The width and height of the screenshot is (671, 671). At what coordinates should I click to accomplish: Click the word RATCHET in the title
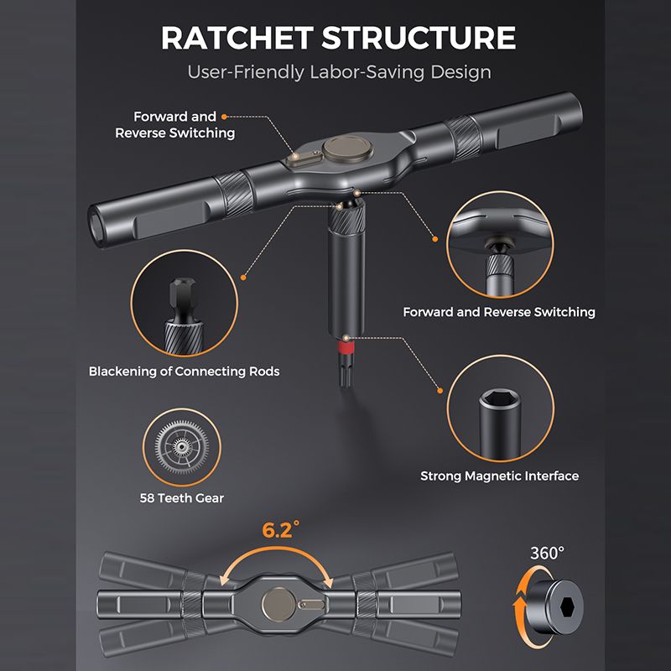(237, 38)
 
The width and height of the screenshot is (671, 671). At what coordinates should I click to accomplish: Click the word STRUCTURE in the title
(419, 38)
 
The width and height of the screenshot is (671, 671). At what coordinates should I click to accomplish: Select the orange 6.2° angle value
(281, 530)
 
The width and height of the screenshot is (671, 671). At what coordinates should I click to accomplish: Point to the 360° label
(547, 554)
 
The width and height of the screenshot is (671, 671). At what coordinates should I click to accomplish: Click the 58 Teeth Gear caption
(182, 498)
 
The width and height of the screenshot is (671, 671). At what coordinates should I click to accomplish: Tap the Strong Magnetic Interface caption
(499, 476)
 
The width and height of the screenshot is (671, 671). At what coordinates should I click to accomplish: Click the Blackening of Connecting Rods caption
(184, 371)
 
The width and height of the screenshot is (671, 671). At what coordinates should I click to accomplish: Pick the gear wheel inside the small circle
(182, 447)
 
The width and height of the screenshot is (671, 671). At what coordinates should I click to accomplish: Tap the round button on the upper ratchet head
(347, 147)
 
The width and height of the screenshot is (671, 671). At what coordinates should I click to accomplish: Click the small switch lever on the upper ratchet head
(304, 158)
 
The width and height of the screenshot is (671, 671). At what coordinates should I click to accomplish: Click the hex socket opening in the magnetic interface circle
(500, 399)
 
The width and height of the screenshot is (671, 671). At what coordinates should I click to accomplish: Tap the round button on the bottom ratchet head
(278, 604)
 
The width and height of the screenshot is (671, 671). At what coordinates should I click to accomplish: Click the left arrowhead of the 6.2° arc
(225, 580)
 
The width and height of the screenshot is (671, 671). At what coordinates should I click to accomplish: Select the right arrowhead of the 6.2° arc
(328, 581)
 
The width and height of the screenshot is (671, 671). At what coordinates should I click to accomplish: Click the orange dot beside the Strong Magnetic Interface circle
(440, 391)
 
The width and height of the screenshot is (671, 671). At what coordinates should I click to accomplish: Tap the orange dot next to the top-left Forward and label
(224, 117)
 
